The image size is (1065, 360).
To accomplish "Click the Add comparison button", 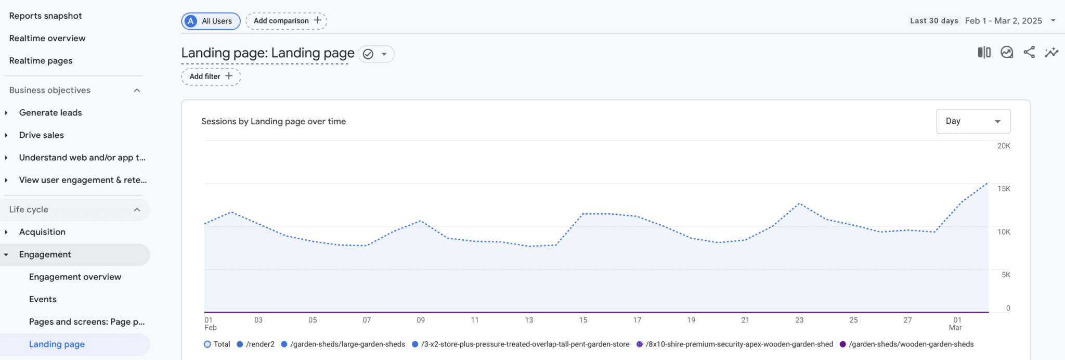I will point(286,21).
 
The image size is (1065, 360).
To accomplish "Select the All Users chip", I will point(211,21).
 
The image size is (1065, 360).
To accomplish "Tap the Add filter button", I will point(211,76).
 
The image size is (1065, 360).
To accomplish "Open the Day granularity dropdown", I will point(972,121).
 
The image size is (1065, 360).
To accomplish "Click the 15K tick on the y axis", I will point(1004,189).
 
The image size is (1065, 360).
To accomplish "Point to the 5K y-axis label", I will point(1006,275).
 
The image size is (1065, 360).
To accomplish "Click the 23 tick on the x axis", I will point(799,320).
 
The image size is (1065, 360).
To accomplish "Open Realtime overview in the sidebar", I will point(47,38).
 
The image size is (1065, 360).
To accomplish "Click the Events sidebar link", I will point(43,300).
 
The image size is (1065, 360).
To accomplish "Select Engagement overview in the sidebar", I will point(75,277).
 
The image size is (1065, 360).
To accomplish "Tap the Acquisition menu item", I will point(42,232).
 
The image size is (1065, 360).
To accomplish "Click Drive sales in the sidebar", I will point(42,135).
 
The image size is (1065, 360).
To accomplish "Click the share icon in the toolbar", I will point(1029,53).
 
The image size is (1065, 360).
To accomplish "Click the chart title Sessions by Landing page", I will point(274,122).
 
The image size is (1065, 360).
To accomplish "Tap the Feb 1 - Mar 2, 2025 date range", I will point(1004,21).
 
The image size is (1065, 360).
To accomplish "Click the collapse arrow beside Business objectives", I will point(137,91).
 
